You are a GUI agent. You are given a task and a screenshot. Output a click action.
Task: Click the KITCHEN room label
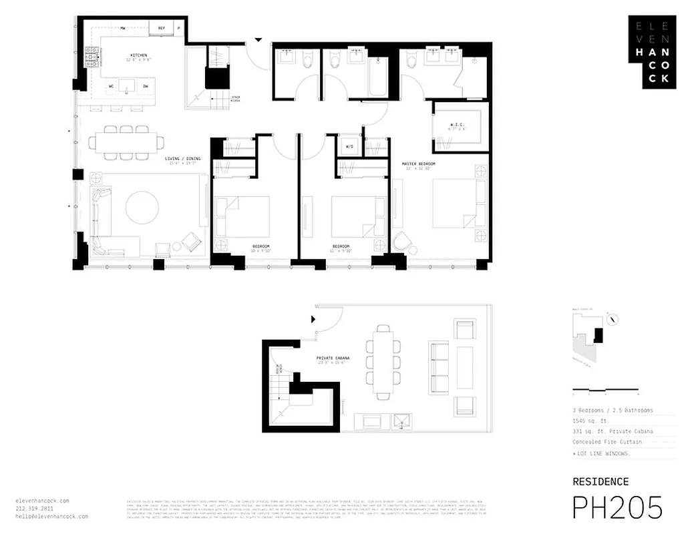click(139, 55)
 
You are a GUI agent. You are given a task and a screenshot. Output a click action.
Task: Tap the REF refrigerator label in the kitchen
click(161, 28)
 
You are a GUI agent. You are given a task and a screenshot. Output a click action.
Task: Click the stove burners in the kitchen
click(92, 58)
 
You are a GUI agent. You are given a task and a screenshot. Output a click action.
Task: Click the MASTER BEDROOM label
click(419, 164)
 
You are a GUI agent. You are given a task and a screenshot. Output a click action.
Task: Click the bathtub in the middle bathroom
click(378, 77)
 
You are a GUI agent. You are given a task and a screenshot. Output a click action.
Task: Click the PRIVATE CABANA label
click(331, 358)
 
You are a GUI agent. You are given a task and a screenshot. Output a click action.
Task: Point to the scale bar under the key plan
click(605, 389)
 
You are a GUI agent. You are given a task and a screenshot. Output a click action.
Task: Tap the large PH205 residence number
click(617, 508)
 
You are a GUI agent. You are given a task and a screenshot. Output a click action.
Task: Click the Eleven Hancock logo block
click(650, 51)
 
